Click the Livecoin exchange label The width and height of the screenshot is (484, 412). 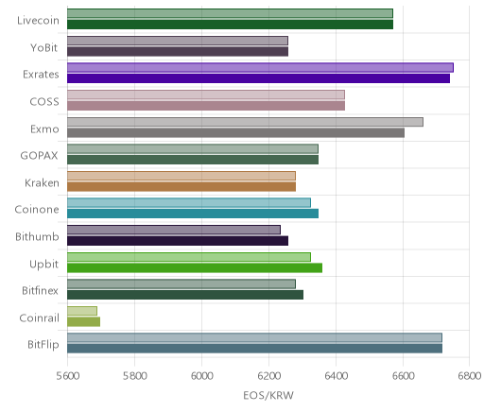38,21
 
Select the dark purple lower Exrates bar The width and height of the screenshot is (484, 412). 258,78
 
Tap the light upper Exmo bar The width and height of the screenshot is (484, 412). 245,122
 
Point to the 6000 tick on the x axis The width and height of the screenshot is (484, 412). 201,376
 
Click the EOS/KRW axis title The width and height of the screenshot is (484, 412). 268,395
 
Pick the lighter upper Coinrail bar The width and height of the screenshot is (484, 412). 82,311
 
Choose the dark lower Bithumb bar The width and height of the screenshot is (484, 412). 178,241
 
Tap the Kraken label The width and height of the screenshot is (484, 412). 42,183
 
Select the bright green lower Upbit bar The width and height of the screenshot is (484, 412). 195,268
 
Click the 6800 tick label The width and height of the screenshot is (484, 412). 470,376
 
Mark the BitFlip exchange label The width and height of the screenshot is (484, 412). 43,344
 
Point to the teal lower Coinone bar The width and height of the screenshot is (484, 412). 193,214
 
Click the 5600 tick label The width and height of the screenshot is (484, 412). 67,376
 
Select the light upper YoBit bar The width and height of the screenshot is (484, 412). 178,41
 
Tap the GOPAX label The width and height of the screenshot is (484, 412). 39,156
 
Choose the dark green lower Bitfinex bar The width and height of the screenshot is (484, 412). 185,295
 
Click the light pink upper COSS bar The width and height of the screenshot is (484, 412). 206,94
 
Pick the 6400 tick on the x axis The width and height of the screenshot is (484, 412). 336,376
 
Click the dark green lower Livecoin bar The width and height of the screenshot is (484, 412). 230,25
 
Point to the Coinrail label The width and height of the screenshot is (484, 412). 39,318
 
